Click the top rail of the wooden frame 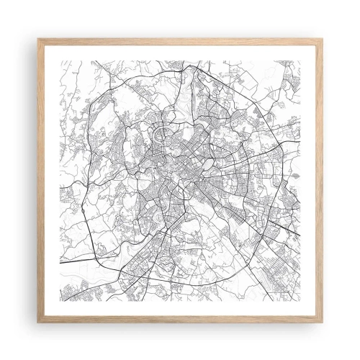pos(180,40)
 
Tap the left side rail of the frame pos(40,180)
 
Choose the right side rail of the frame pos(320,180)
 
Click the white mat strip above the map pos(180,52)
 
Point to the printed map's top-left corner pos(60,61)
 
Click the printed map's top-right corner pos(300,61)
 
